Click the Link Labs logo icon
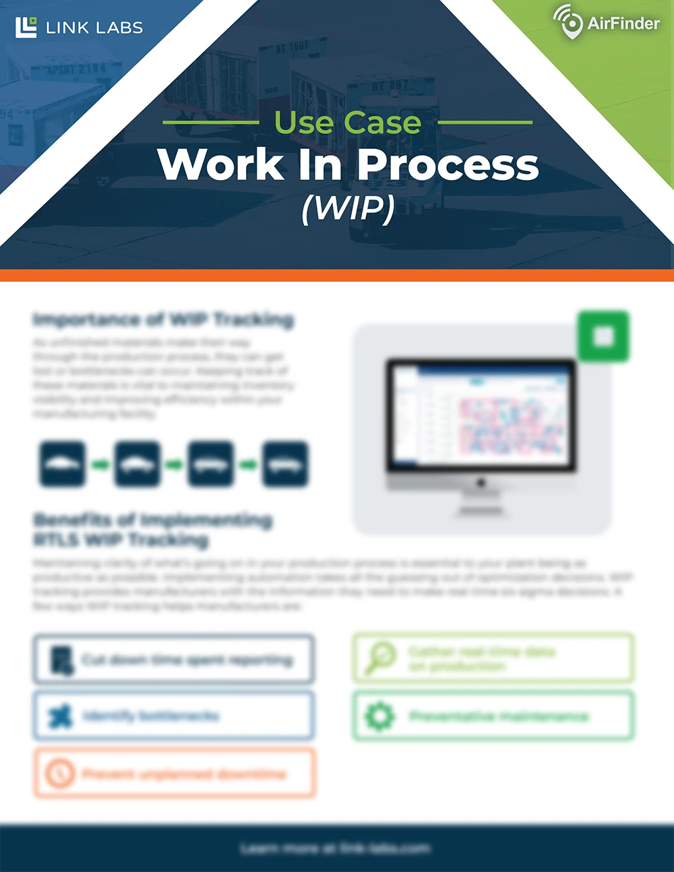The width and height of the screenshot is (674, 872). (26, 27)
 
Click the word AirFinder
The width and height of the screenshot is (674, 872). (623, 24)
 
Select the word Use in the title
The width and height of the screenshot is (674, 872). (304, 123)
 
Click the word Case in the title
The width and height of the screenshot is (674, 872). (382, 123)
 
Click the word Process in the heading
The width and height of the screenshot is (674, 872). (448, 165)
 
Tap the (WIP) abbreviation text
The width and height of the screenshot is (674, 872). (348, 208)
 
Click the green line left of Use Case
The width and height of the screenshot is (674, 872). (211, 123)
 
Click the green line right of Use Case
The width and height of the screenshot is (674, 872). (485, 123)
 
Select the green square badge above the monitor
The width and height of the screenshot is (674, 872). (603, 336)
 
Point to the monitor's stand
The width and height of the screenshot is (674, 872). (481, 499)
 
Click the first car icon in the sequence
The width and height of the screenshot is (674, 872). (63, 464)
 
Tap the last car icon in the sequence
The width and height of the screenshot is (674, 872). (285, 464)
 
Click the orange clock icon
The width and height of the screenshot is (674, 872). (60, 773)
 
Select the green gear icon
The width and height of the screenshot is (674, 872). (379, 716)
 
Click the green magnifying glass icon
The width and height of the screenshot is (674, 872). (380, 658)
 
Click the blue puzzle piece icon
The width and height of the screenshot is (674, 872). (61, 716)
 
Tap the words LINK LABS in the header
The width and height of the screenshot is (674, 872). (94, 28)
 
